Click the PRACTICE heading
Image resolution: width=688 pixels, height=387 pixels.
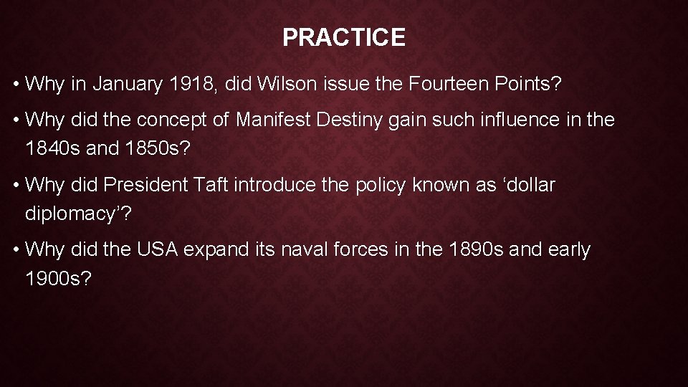click(x=344, y=37)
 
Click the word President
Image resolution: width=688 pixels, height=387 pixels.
click(x=148, y=185)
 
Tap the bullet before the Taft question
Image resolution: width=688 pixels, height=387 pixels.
click(x=15, y=186)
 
